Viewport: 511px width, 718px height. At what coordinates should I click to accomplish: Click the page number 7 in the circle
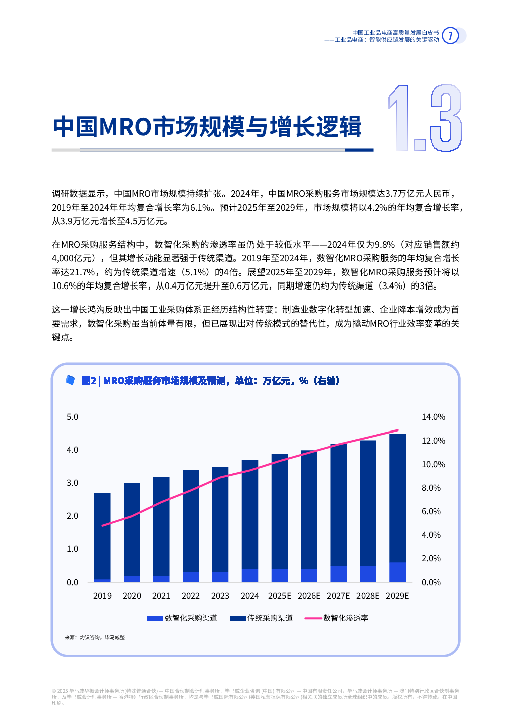(450, 36)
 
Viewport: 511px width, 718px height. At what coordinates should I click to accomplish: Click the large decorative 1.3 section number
(425, 118)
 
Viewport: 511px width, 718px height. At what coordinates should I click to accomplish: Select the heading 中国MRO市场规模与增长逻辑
(207, 127)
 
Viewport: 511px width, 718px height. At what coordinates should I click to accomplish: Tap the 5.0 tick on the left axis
(72, 417)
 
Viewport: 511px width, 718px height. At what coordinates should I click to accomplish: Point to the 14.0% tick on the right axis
(433, 417)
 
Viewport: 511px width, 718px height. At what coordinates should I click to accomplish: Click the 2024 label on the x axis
(249, 596)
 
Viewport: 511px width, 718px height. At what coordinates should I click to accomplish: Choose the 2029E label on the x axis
(397, 596)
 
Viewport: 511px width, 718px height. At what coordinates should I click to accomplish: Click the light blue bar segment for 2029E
(397, 572)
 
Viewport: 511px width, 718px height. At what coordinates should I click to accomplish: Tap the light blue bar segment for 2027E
(338, 574)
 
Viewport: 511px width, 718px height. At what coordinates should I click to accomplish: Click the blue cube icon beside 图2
(71, 380)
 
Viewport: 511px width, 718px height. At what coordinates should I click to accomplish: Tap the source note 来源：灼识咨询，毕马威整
(95, 637)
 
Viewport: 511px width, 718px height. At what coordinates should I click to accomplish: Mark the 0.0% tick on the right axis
(431, 582)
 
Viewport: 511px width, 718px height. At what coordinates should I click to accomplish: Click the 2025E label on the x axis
(279, 596)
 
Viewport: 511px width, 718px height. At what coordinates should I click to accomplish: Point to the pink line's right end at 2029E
(398, 430)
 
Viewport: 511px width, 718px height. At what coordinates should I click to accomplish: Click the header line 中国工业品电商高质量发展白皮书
(395, 33)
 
